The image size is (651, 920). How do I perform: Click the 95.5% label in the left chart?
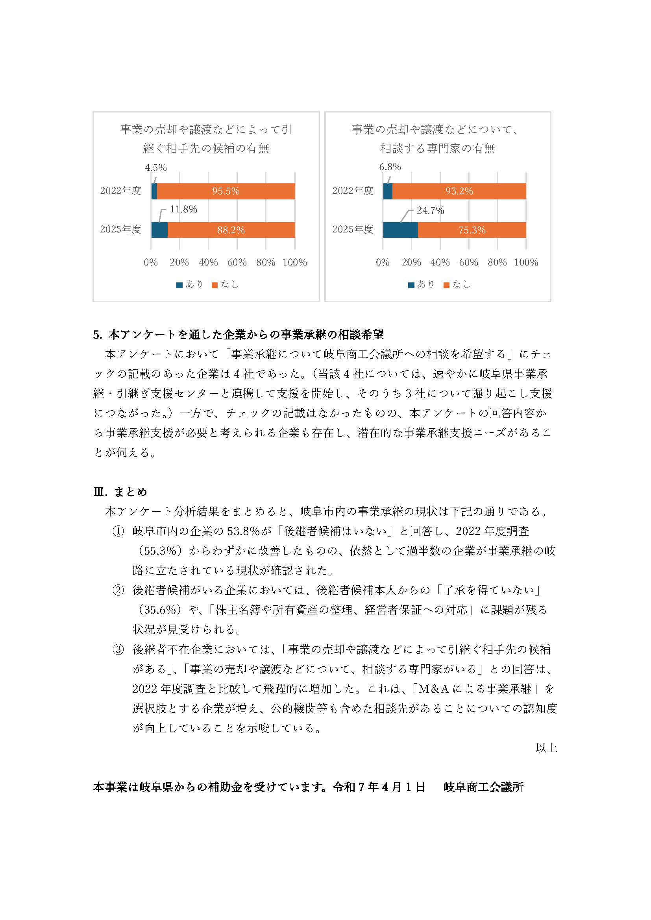[226, 191]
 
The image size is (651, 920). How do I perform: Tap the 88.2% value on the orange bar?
[231, 230]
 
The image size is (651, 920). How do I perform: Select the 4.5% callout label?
[155, 168]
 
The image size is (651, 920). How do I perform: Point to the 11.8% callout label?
[183, 209]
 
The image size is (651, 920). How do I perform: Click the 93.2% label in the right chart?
[459, 191]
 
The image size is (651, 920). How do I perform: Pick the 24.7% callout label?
[430, 210]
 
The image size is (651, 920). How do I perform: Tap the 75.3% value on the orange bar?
[472, 230]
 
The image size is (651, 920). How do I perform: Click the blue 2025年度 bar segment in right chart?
[400, 230]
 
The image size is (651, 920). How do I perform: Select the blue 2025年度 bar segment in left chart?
[159, 230]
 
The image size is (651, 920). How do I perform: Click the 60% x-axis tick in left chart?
[237, 262]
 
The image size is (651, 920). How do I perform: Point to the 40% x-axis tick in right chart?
[440, 262]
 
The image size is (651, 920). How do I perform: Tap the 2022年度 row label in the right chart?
[352, 191]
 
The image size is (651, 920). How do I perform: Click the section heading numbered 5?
[238, 335]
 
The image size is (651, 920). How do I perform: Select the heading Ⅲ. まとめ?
[120, 492]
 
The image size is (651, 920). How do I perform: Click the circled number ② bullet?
[117, 590]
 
